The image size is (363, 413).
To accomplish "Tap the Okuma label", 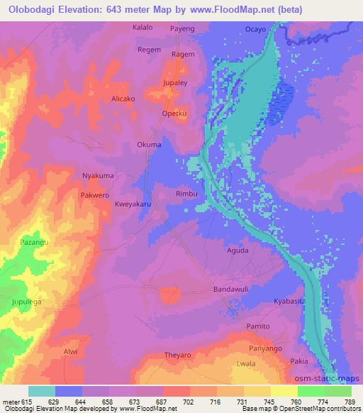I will pyautogui.click(x=149, y=145).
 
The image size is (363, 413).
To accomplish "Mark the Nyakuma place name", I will pyautogui.click(x=99, y=175).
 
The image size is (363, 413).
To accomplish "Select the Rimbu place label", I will pyautogui.click(x=186, y=193).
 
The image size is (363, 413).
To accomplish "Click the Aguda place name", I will pyautogui.click(x=238, y=250).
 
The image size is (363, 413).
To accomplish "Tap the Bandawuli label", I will pyautogui.click(x=233, y=290).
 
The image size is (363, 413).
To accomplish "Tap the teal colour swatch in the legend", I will pyautogui.click(x=42, y=391).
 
